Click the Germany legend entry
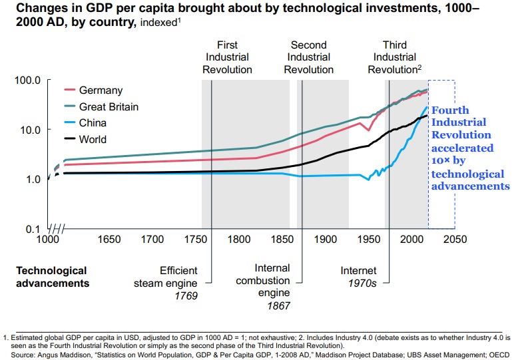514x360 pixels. pyautogui.click(x=101, y=90)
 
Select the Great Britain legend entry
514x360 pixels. pyautogui.click(x=109, y=106)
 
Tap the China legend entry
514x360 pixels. pyautogui.click(x=93, y=123)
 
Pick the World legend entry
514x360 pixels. pyautogui.click(x=93, y=140)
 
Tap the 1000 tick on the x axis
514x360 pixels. pyautogui.click(x=47, y=239)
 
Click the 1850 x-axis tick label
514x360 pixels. pyautogui.click(x=280, y=239)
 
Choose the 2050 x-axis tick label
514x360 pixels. pyautogui.click(x=455, y=239)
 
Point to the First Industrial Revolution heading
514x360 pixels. pyautogui.click(x=228, y=57)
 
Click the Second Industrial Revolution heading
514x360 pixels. pyautogui.click(x=308, y=57)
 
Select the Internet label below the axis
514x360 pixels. pyautogui.click(x=358, y=271)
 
